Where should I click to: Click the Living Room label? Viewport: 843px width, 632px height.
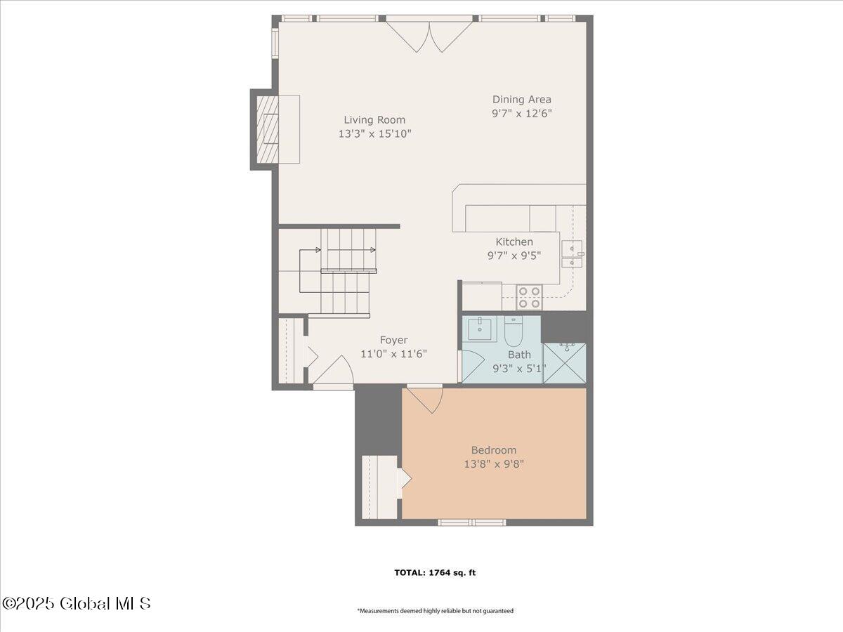point(374,119)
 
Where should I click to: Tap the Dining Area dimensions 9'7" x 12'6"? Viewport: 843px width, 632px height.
point(522,114)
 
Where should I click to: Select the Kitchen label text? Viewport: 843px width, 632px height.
point(514,242)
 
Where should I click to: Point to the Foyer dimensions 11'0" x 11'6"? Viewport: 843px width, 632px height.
point(393,353)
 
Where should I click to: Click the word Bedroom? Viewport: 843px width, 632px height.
point(494,449)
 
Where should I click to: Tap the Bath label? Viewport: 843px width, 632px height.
point(520,355)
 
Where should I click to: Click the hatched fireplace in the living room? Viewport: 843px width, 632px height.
point(268,129)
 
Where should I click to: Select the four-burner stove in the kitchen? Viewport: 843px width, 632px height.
point(529,297)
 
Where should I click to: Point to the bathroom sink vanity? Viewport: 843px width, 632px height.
point(480,329)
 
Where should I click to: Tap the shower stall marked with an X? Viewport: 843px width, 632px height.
point(565,363)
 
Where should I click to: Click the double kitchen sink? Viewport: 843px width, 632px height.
point(572,254)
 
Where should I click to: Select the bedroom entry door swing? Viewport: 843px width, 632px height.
point(425,400)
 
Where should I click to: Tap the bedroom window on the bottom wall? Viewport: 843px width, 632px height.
point(472,522)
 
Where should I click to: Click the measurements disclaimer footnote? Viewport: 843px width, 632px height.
point(435,621)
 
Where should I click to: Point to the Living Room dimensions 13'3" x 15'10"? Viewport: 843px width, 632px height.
point(374,134)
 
